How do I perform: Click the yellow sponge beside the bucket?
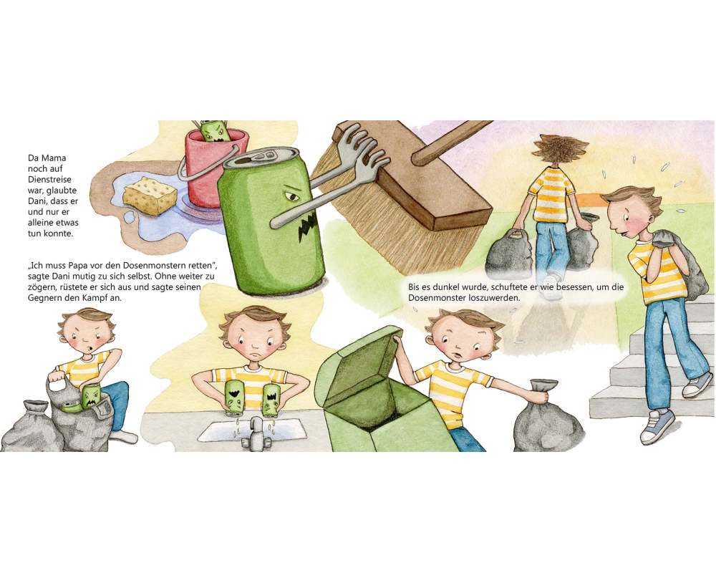tap(150, 196)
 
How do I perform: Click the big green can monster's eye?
tap(292, 197)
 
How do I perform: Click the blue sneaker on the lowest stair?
tap(657, 427)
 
